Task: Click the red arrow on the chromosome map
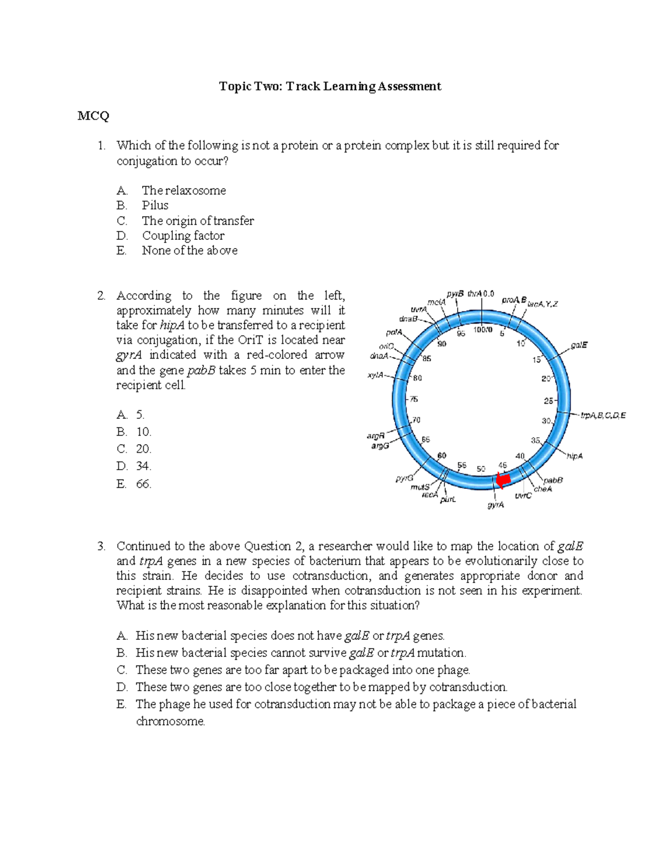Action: [x=502, y=480]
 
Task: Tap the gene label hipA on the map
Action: [x=575, y=456]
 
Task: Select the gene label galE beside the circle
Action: [x=579, y=345]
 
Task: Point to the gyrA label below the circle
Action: [x=496, y=504]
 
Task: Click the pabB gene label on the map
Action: [x=553, y=480]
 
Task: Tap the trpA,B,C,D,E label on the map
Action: [x=603, y=416]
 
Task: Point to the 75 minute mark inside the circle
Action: [x=414, y=399]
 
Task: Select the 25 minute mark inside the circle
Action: [x=549, y=401]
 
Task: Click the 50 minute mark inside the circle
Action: [x=481, y=469]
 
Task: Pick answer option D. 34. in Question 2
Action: [x=134, y=466]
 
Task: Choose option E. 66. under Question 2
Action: [x=134, y=484]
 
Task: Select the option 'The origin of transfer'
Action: [x=197, y=221]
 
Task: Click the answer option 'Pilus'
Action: [x=155, y=206]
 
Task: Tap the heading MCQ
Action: [x=93, y=116]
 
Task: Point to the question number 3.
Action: [x=101, y=546]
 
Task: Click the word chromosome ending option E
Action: [x=170, y=722]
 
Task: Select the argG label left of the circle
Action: [x=380, y=445]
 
